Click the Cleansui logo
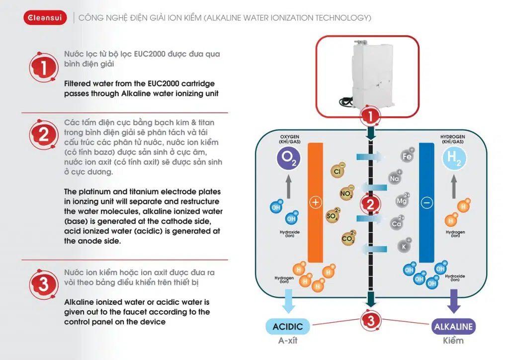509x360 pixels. pos(45,18)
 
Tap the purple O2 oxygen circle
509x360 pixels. pos(288,159)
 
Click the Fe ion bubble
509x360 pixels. pos(407,157)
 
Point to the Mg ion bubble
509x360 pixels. pos(402,201)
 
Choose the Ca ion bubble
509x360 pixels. pos(396,223)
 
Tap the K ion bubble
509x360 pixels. pos(404,246)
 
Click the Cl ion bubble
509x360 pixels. pos(337,172)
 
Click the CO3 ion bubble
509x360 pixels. pos(347,239)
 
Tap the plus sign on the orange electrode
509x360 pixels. pos(315,202)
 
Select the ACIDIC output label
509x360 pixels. pos(288,327)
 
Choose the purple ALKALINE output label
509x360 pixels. pos(453,327)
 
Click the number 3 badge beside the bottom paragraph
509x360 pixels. pos(44,285)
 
